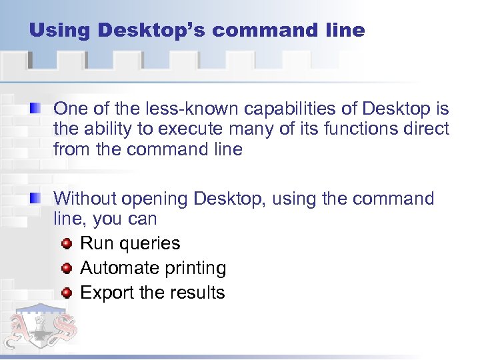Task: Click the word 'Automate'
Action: [x=115, y=268]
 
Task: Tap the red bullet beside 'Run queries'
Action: [x=66, y=244]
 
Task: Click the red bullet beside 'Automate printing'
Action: [x=66, y=268]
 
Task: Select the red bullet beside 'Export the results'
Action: [x=66, y=293]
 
